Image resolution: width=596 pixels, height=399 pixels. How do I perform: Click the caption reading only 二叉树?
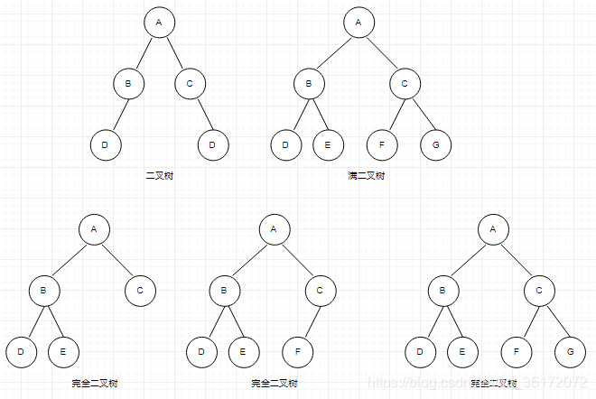point(159,175)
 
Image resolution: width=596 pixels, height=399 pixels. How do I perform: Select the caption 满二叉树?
point(366,175)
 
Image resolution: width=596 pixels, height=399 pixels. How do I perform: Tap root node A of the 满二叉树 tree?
point(359,23)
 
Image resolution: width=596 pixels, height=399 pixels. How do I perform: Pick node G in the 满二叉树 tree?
point(435,144)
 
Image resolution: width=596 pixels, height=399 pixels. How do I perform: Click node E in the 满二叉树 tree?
point(328,144)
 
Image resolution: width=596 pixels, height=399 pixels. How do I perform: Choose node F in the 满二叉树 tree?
point(381,144)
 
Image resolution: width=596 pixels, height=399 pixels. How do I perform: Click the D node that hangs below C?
point(213,144)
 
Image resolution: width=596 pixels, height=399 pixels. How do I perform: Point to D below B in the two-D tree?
point(106,144)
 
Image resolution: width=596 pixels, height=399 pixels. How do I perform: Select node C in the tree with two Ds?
point(190,84)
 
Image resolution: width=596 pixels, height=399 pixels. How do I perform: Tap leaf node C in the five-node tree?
point(140,290)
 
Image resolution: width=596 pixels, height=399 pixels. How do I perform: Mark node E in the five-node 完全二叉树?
point(62,351)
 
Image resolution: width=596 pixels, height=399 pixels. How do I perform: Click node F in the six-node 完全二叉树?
point(298,351)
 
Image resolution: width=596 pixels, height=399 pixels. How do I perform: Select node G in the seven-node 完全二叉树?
point(569,351)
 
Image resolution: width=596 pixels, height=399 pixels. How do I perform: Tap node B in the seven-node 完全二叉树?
point(442,290)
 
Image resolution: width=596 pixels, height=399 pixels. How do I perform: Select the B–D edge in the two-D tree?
point(117,115)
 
